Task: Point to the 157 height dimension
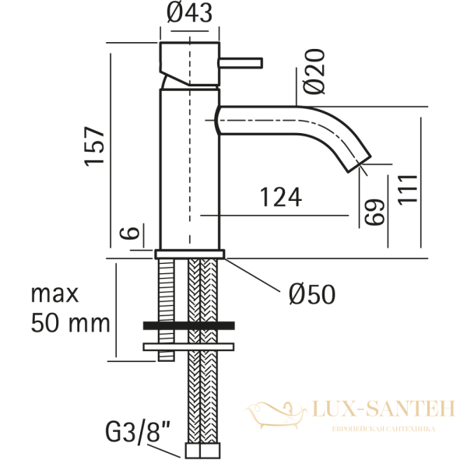coord(94,146)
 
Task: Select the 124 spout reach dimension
coord(279,198)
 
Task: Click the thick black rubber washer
coord(189,326)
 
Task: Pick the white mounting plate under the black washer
coord(189,345)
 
